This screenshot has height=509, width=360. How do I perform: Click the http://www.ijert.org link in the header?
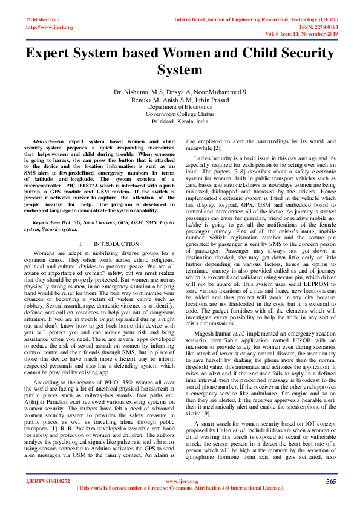coord(45,28)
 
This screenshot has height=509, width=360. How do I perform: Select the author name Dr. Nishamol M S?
coord(138,92)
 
